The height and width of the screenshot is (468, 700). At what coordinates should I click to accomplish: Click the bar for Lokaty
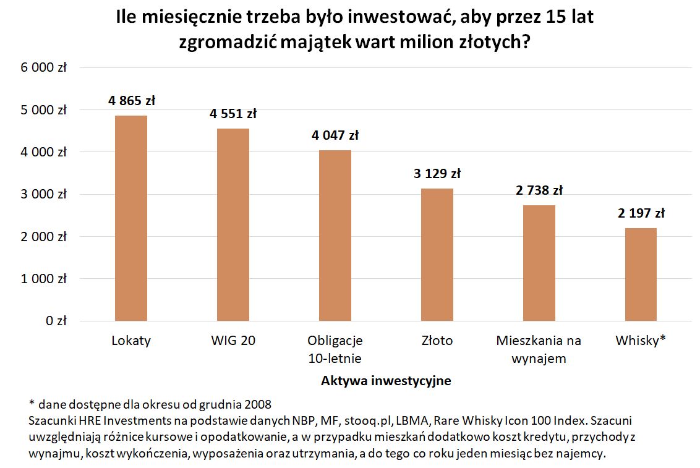pos(131,218)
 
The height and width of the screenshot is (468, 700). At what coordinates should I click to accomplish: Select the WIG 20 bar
pos(233,224)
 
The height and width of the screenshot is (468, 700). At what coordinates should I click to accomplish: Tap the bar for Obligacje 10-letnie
pos(335,236)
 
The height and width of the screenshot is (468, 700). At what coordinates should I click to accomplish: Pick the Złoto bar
pos(437,255)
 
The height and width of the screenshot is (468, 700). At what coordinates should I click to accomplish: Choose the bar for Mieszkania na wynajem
pos(539,263)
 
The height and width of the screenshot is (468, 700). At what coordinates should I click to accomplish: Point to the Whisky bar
pos(641,274)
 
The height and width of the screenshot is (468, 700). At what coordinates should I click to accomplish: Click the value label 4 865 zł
pos(131,100)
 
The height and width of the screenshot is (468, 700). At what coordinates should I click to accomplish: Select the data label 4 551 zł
pos(233,114)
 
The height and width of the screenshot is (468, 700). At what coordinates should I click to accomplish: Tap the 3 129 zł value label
pos(437,174)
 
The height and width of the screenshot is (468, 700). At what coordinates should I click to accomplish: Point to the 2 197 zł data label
pos(641,214)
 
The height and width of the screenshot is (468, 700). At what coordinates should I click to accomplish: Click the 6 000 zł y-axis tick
pos(44,68)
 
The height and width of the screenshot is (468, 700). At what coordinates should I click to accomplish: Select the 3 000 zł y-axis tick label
pos(44,195)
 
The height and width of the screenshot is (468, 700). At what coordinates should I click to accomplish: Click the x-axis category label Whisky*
pos(641,341)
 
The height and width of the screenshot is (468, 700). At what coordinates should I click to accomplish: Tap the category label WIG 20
pos(233,341)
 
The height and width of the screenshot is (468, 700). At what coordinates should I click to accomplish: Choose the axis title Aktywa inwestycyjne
pos(386,381)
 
